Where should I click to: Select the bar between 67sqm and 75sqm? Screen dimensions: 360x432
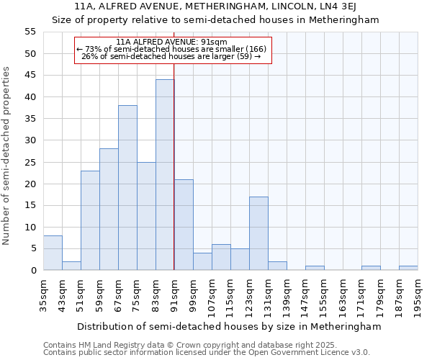click(x=127, y=188)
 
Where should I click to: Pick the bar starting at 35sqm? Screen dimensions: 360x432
click(x=53, y=253)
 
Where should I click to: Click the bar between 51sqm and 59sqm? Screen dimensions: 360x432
click(x=90, y=220)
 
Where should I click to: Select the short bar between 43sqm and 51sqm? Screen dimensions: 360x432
click(x=71, y=266)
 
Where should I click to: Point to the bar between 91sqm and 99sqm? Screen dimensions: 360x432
click(x=184, y=225)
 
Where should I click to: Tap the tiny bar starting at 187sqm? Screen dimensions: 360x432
click(x=408, y=268)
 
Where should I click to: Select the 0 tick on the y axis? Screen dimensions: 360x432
click(x=33, y=270)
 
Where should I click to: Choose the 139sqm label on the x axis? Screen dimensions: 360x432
click(x=287, y=293)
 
